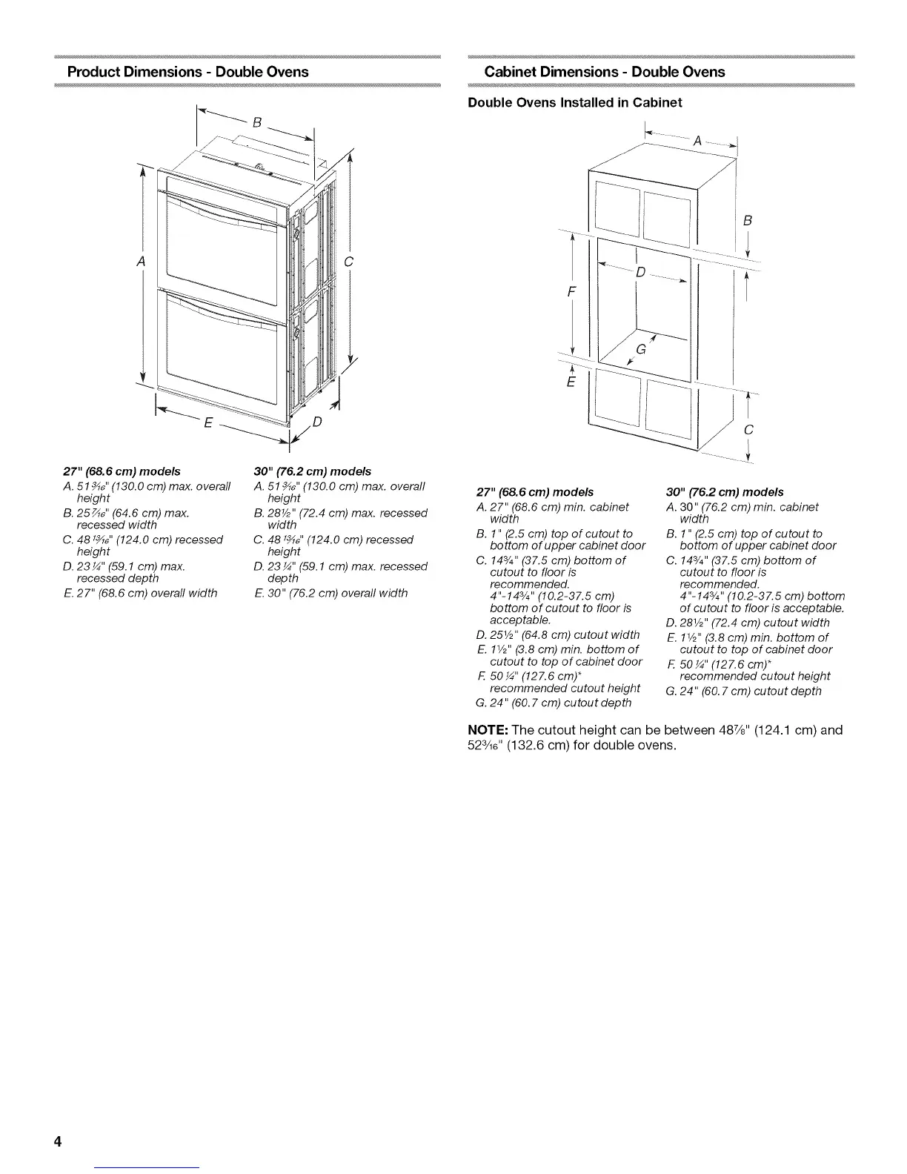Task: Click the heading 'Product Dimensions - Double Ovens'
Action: (x=187, y=72)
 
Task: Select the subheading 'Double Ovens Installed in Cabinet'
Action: (x=575, y=102)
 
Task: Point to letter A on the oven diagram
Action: (x=140, y=262)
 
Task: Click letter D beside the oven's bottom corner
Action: (x=316, y=423)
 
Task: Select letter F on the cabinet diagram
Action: (x=571, y=291)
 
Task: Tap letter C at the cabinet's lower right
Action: (x=748, y=430)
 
